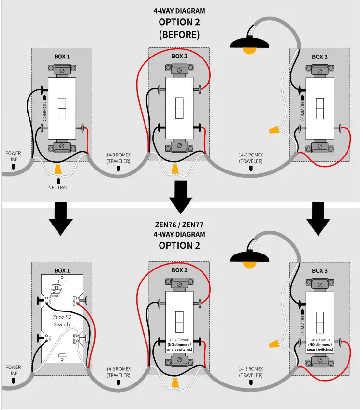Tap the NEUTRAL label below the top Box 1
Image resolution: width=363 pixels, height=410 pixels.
58,187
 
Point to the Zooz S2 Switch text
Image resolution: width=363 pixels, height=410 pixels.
62,321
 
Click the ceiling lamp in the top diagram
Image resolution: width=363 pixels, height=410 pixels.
249,44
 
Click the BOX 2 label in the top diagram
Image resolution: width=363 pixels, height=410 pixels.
179,57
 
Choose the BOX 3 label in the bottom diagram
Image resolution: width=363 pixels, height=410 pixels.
319,271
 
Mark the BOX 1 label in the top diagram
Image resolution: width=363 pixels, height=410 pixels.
62,57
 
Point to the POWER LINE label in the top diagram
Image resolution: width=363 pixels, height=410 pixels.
13,156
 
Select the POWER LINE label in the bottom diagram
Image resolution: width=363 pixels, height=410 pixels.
13,370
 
